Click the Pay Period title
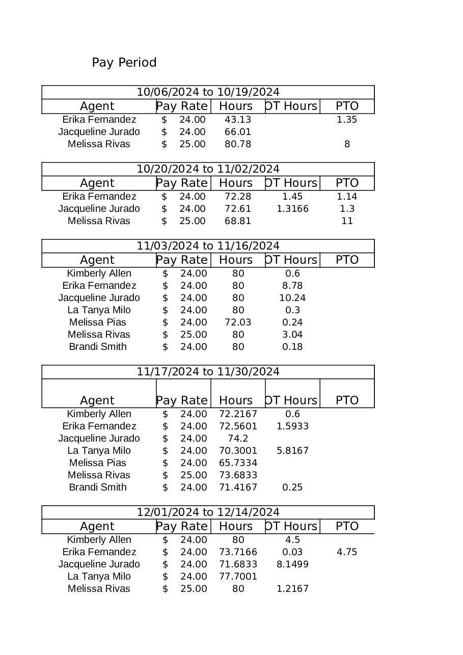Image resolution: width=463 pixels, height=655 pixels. pyautogui.click(x=124, y=63)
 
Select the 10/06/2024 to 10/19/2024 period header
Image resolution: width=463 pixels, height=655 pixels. pyautogui.click(x=208, y=92)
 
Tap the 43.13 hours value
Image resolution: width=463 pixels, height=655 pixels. pyautogui.click(x=238, y=120)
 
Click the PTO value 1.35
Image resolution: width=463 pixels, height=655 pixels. pyautogui.click(x=347, y=120)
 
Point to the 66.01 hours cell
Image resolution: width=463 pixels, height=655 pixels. pyautogui.click(x=238, y=132)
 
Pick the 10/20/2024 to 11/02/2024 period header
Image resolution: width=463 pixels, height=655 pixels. pyautogui.click(x=208, y=169)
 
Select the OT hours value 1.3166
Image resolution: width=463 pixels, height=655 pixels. pyautogui.click(x=292, y=209)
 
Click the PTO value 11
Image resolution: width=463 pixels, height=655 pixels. pyautogui.click(x=347, y=221)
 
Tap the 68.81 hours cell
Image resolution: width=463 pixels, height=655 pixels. pyautogui.click(x=238, y=221)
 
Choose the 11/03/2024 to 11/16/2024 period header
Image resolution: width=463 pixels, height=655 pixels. pyautogui.click(x=208, y=246)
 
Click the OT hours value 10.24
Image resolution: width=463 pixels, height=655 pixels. pyautogui.click(x=292, y=298)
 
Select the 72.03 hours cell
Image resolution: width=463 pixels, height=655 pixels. pyautogui.click(x=238, y=322)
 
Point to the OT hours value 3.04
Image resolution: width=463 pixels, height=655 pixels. pyautogui.click(x=292, y=335)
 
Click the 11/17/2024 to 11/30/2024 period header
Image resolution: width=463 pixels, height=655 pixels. pyautogui.click(x=208, y=372)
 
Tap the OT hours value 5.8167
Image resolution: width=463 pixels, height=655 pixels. pyautogui.click(x=292, y=451)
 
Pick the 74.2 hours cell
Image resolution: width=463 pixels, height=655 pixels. pyautogui.click(x=238, y=439)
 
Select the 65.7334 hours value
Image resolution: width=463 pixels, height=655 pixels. pyautogui.click(x=238, y=463)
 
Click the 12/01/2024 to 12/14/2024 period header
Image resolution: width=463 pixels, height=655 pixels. pyautogui.click(x=208, y=512)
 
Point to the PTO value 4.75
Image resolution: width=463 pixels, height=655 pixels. pyautogui.click(x=347, y=552)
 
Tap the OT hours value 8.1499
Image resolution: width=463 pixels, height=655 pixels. pyautogui.click(x=292, y=564)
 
